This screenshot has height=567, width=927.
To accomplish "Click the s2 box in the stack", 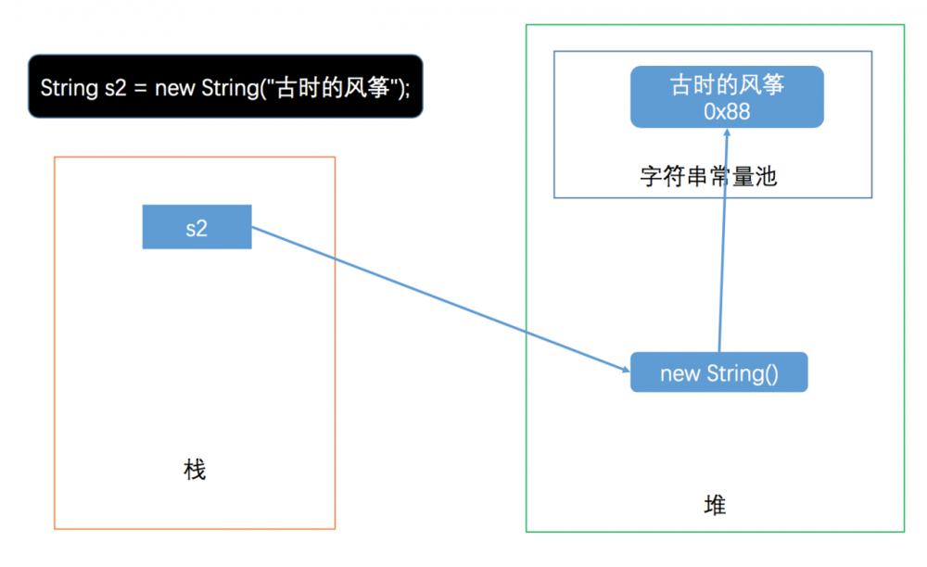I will tap(197, 227).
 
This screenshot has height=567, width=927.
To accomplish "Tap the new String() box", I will tap(718, 372).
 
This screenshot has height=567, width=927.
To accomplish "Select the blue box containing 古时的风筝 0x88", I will tap(727, 96).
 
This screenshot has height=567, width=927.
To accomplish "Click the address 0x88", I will tap(727, 111).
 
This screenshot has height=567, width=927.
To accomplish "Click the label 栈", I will tap(195, 470).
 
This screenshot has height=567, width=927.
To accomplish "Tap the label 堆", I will tap(715, 505).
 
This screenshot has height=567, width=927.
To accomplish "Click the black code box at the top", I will tap(225, 86).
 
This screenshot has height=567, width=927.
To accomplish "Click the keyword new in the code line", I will tap(175, 88).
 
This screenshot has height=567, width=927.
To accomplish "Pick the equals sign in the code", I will tap(139, 88).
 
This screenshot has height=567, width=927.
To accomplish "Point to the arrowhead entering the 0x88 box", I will tap(727, 132).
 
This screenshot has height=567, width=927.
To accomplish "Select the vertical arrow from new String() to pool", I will tap(722, 241).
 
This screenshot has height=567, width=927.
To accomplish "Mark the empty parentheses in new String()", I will tap(771, 373).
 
